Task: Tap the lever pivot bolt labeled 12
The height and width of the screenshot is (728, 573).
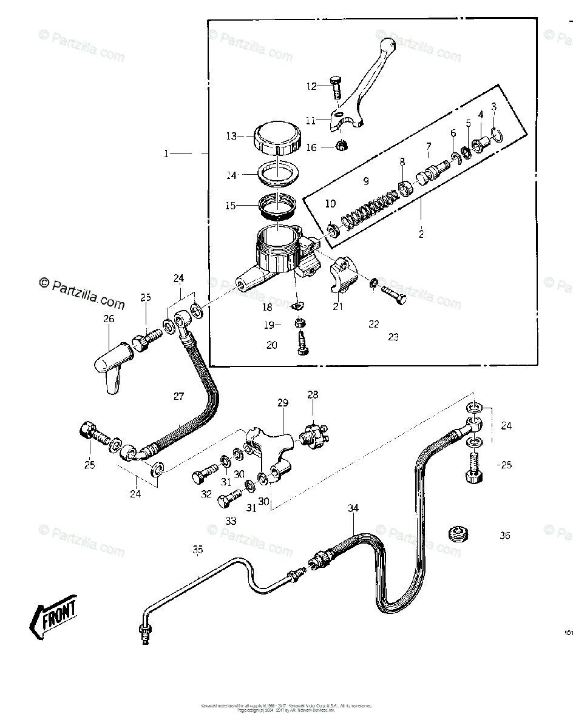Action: pos(336,89)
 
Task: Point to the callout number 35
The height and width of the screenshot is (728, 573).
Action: pos(197,550)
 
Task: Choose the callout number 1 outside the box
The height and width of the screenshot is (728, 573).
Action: pos(166,154)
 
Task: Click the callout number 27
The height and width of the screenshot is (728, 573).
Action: pos(178,396)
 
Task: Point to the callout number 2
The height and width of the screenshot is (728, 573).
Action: pos(421,234)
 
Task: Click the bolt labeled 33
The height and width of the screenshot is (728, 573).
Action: pos(226,500)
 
